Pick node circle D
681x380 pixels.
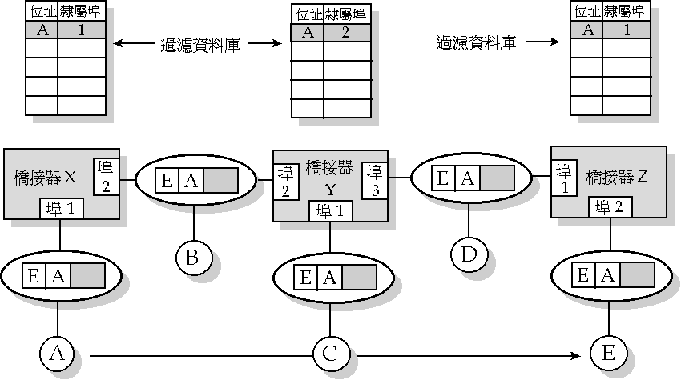coord(468,254)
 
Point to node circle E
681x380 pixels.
coord(606,353)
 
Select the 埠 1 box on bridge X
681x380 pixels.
coord(62,210)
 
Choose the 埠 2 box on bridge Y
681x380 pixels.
coord(284,182)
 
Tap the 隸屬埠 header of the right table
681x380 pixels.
coord(625,11)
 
